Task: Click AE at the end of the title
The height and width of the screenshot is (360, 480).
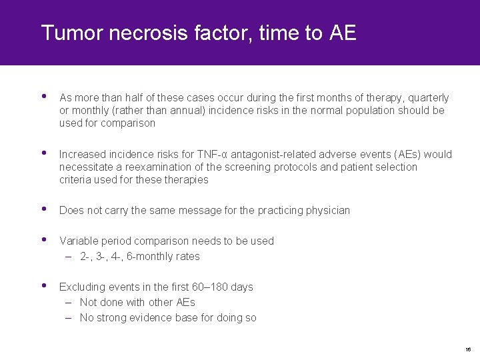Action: point(343,33)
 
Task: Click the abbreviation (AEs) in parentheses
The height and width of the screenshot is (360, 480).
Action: point(400,154)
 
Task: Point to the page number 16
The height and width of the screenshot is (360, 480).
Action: point(468,349)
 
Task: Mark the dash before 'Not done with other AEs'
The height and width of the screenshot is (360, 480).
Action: point(69,302)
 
